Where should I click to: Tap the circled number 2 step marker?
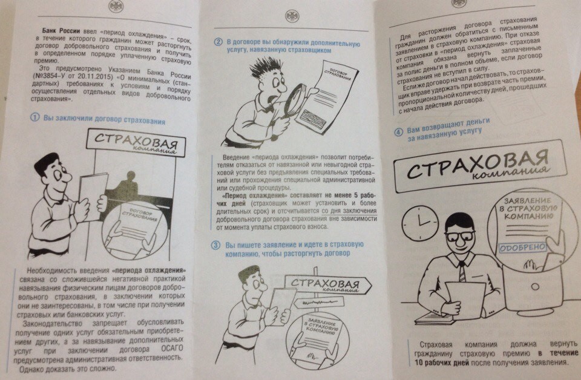218,42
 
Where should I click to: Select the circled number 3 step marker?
216,245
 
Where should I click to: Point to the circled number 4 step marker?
398,133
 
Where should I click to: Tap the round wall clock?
420,223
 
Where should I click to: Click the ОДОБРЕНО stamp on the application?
523,247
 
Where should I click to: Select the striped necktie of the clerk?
462,272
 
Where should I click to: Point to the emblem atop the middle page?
292,16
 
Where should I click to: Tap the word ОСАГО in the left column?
172,349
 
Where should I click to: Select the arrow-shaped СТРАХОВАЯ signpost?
328,285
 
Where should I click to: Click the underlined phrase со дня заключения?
349,211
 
